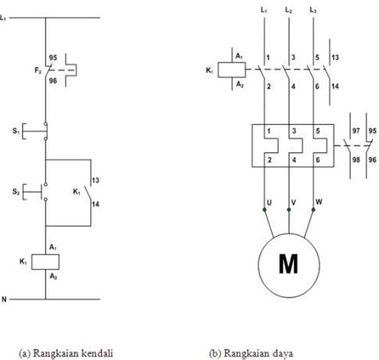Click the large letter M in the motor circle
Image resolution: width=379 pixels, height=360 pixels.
click(x=289, y=264)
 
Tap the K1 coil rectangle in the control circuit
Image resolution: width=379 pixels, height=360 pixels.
click(x=46, y=262)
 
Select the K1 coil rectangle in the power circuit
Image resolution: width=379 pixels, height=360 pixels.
click(x=232, y=70)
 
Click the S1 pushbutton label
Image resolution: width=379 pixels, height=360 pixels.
click(x=16, y=131)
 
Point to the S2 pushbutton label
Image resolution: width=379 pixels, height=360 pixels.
click(x=16, y=191)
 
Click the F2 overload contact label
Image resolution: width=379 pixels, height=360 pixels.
click(x=38, y=70)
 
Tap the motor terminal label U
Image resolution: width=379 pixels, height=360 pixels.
click(x=269, y=202)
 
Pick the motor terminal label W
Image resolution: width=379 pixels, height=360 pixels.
click(x=319, y=202)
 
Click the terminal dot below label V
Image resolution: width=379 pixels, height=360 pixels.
click(x=289, y=210)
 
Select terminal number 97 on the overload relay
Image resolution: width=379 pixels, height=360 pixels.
click(x=356, y=130)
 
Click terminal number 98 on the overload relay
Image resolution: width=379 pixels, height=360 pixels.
click(x=356, y=159)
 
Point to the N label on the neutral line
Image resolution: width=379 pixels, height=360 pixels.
click(x=4, y=299)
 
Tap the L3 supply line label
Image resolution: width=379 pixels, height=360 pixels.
click(x=313, y=10)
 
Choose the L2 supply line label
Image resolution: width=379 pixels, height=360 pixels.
click(x=289, y=10)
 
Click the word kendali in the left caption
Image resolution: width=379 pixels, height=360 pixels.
click(x=97, y=353)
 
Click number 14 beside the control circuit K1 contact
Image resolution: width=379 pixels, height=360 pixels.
click(x=95, y=204)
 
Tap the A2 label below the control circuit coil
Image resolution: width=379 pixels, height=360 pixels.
click(x=54, y=277)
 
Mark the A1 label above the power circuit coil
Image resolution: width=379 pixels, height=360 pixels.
click(x=239, y=56)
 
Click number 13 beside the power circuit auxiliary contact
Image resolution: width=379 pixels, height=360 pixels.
click(x=335, y=58)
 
